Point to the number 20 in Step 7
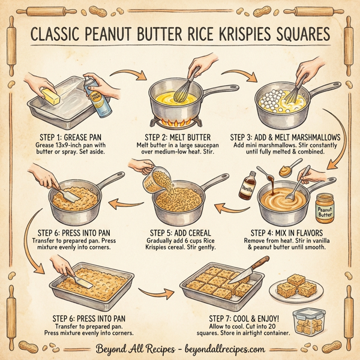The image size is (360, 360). click(283, 325)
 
